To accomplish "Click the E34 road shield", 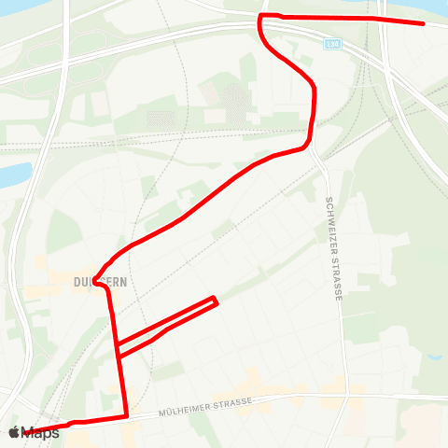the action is click(333, 43).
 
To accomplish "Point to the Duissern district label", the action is click(100, 279).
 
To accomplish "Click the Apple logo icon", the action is click(14, 432).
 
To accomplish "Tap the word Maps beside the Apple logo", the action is click(41, 433).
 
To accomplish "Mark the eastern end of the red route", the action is click(424, 23).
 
